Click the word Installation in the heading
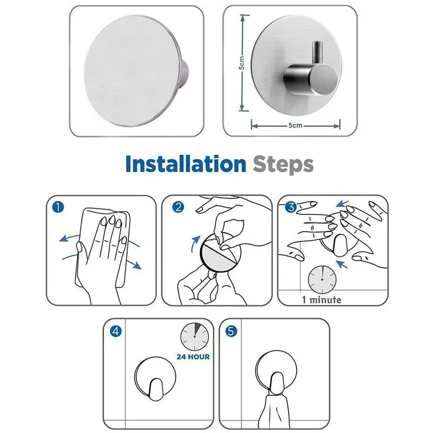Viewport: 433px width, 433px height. click(x=186, y=164)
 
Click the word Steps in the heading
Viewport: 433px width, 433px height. click(x=283, y=165)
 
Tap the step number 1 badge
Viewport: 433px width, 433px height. click(x=58, y=207)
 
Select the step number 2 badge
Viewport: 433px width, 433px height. click(x=178, y=207)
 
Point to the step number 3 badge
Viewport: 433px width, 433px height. click(x=291, y=207)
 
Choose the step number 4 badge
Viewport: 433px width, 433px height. click(x=116, y=331)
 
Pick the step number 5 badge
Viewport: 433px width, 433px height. click(x=231, y=331)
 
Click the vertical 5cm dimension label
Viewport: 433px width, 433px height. click(x=241, y=63)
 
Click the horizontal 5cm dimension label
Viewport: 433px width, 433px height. click(x=295, y=126)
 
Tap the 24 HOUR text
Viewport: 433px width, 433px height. click(x=193, y=357)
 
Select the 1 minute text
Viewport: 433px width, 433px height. click(x=322, y=300)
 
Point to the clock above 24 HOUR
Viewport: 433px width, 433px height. click(x=194, y=336)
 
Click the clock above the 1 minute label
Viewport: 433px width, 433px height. click(x=322, y=280)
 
